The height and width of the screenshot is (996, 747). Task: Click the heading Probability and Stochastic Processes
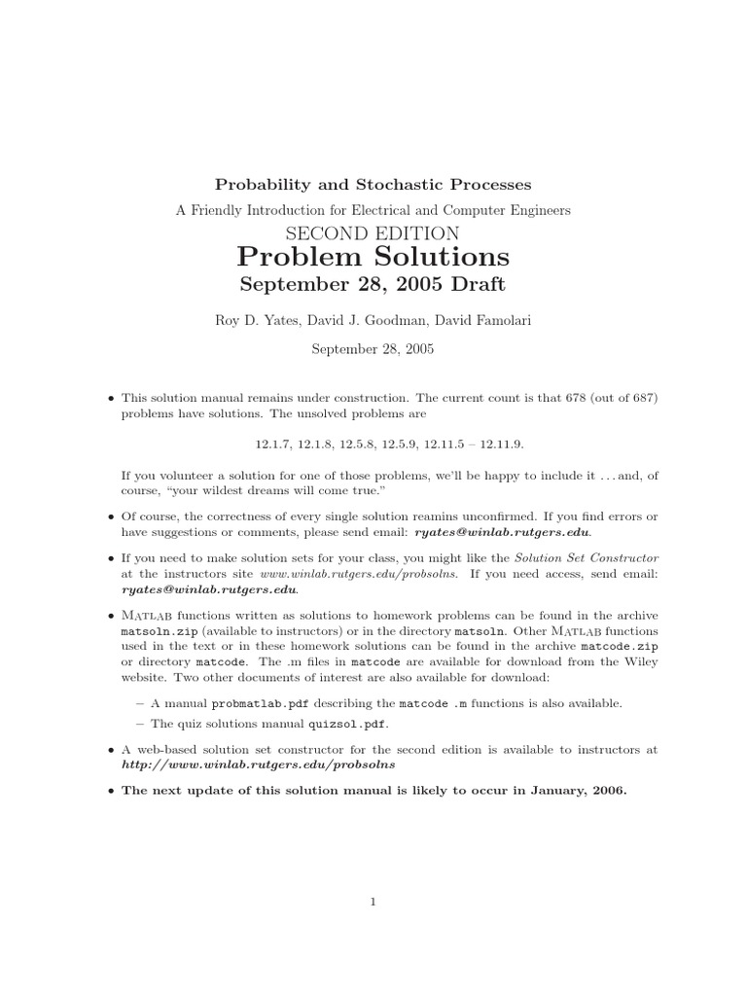pos(373,184)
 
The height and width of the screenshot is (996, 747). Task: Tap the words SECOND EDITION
pos(373,232)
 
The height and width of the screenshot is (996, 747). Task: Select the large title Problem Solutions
pos(373,257)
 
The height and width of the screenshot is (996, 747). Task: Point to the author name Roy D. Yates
pos(256,320)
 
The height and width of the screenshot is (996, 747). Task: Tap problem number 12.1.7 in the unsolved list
pos(272,444)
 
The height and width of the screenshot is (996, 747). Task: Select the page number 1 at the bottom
pos(373,902)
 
